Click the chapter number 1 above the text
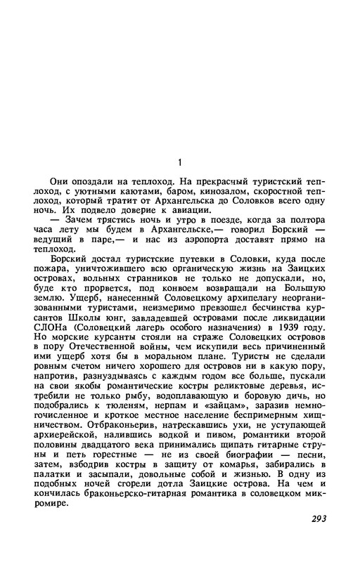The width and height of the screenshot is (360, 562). coord(180,162)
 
